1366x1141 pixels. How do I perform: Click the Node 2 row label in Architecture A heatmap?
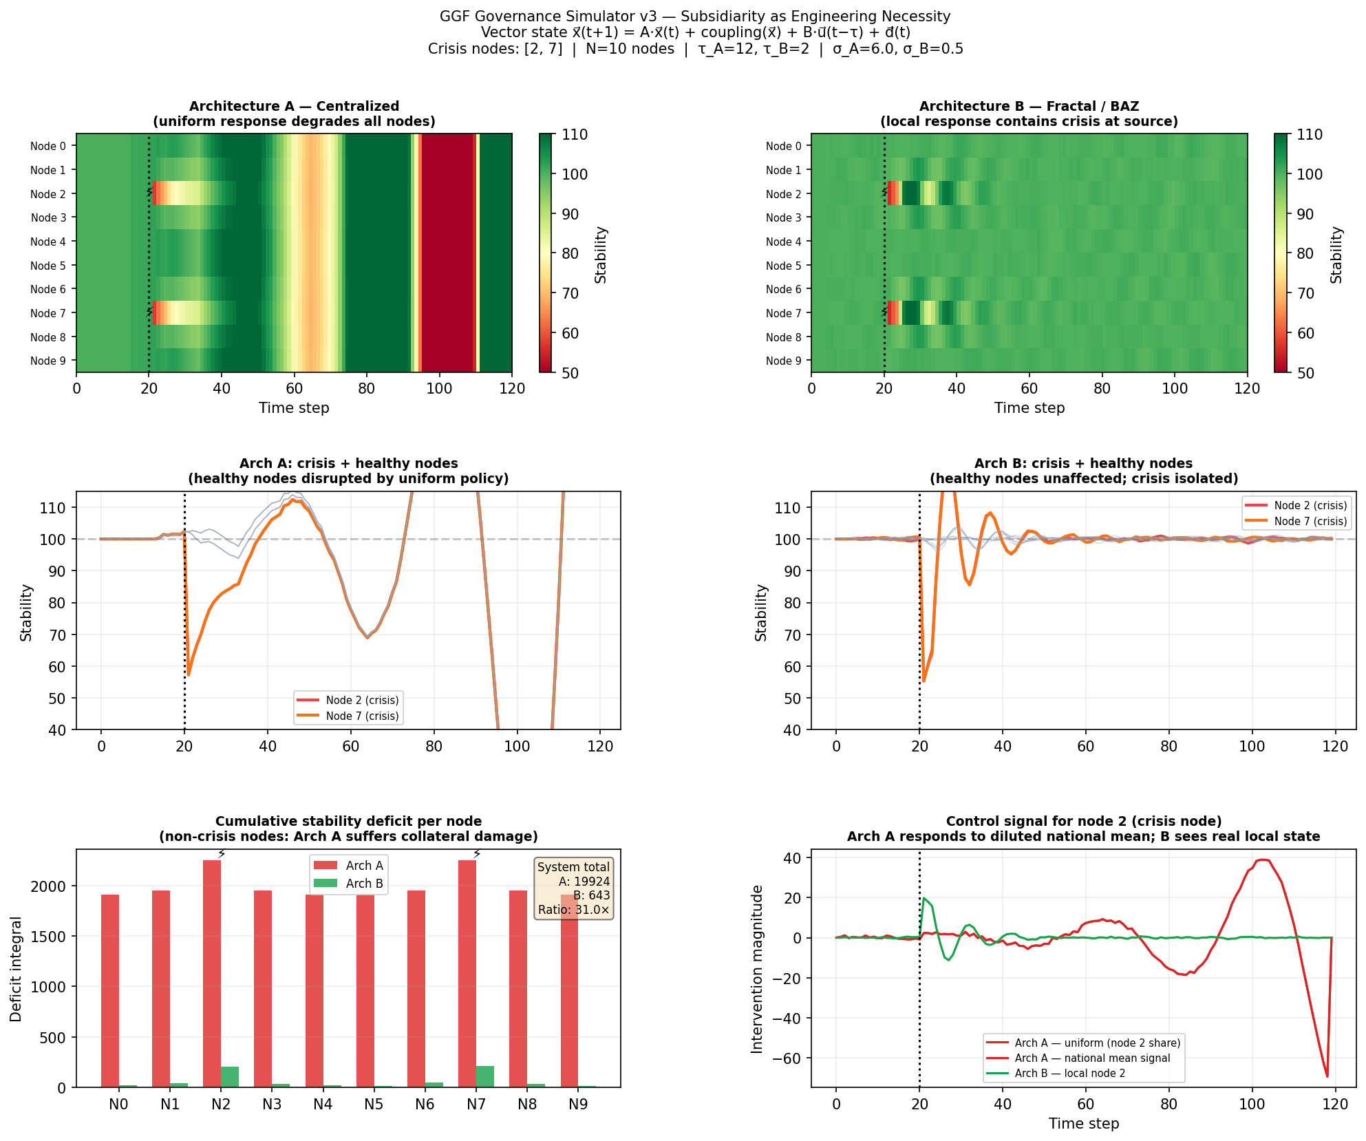pyautogui.click(x=48, y=194)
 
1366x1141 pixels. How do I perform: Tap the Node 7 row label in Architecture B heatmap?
pyautogui.click(x=783, y=313)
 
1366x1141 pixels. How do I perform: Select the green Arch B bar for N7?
pyautogui.click(x=485, y=1076)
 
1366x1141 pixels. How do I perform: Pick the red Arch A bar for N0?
pyautogui.click(x=110, y=991)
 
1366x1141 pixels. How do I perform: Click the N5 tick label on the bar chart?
pyautogui.click(x=374, y=1104)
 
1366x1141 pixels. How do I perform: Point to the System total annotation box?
pyautogui.click(x=573, y=888)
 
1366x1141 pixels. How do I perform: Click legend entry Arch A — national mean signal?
pyautogui.click(x=1092, y=1058)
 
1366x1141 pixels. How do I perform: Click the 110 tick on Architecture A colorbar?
pyautogui.click(x=575, y=135)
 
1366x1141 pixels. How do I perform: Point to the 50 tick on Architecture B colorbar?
pyautogui.click(x=1305, y=373)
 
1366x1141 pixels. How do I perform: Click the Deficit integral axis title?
pyautogui.click(x=16, y=968)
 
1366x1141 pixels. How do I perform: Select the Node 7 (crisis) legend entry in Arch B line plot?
pyautogui.click(x=1310, y=521)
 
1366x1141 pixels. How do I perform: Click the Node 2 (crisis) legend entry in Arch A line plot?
pyautogui.click(x=362, y=700)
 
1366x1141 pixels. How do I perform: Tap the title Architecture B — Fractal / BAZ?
pyautogui.click(x=1029, y=106)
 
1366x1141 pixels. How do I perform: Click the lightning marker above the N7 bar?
pyautogui.click(x=477, y=854)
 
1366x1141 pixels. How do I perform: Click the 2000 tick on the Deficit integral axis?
pyautogui.click(x=48, y=886)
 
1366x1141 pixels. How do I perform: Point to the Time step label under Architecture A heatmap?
pyautogui.click(x=294, y=408)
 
